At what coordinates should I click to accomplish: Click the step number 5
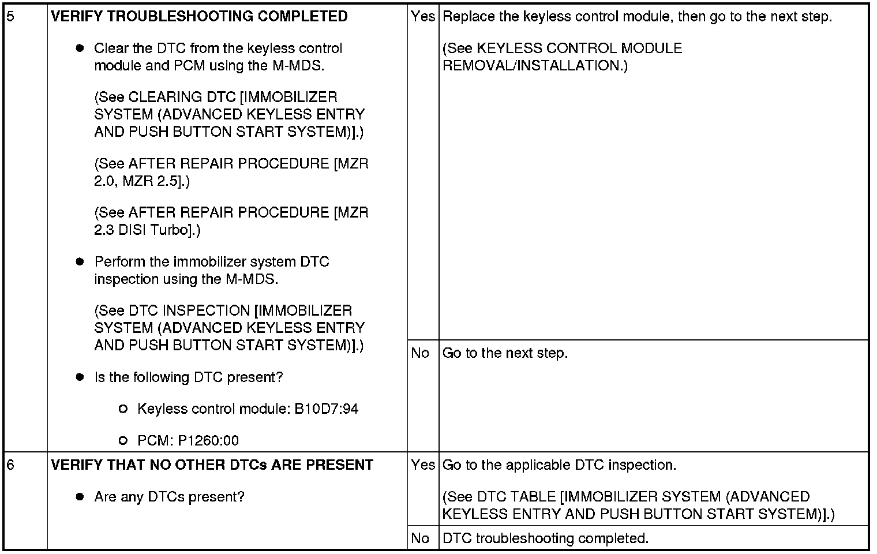(x=10, y=16)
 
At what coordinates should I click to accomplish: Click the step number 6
(x=10, y=465)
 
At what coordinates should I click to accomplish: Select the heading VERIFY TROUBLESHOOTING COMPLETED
(x=199, y=16)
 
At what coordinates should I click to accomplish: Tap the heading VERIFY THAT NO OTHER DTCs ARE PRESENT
(x=212, y=465)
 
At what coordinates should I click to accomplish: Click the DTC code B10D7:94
(x=327, y=409)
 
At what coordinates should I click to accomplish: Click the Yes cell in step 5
(x=423, y=17)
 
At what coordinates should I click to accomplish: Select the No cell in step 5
(x=420, y=353)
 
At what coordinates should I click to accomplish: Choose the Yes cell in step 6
(x=423, y=465)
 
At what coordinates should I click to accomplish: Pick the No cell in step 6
(x=420, y=538)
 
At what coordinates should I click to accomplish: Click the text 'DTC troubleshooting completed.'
(x=545, y=538)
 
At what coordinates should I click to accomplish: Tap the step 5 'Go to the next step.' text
(x=505, y=353)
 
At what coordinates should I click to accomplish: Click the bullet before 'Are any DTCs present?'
(x=80, y=497)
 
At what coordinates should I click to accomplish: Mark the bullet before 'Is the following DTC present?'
(x=80, y=377)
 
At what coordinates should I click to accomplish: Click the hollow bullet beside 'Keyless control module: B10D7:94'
(x=122, y=409)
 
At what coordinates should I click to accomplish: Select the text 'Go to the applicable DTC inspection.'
(x=559, y=465)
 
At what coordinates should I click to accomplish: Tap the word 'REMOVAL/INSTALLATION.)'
(x=535, y=66)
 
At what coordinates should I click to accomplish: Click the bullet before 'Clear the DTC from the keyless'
(x=80, y=48)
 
